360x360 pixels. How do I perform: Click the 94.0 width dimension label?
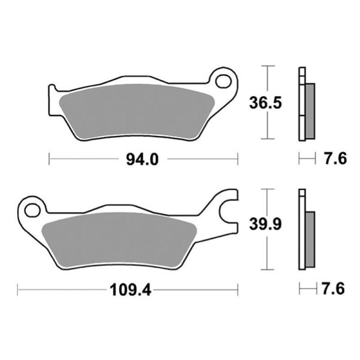click(x=142, y=159)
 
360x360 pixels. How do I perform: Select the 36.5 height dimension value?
click(x=265, y=103)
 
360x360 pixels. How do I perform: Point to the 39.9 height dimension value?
click(x=265, y=224)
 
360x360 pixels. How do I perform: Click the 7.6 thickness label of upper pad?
click(x=335, y=159)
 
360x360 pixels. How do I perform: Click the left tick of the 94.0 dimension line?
click(x=49, y=159)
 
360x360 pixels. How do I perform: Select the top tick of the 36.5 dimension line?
click(x=268, y=66)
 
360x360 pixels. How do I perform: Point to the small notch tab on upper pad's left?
click(x=51, y=87)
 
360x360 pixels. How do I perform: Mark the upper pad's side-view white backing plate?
click(x=302, y=103)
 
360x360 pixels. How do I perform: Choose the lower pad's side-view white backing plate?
click(x=302, y=232)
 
